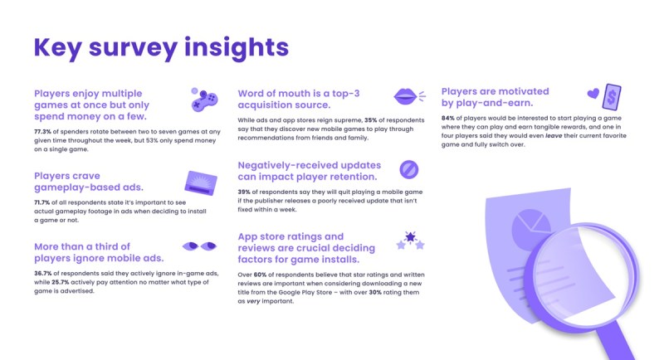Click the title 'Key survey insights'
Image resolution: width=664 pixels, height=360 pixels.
coord(161,48)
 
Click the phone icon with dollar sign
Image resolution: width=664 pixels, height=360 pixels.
coord(612,97)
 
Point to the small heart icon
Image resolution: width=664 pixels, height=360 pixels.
coord(593,93)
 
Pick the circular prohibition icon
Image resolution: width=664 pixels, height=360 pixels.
coord(409,170)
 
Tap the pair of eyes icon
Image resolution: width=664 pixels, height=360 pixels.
coord(199,246)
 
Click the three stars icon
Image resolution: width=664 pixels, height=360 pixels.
coord(410,241)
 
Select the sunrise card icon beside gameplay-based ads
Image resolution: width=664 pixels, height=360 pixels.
coord(201,183)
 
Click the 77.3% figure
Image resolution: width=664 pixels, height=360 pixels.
coord(43,132)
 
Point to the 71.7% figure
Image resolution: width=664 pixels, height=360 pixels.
coord(42,202)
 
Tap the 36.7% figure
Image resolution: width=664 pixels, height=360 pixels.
coord(43,273)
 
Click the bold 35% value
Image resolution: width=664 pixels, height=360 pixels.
coord(370,120)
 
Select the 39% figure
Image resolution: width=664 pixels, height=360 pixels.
coord(244,192)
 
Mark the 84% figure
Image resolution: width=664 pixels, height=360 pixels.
coord(447,118)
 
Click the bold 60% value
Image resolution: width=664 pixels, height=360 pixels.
coord(260,275)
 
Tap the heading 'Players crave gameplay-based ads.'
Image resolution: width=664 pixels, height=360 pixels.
coord(89,182)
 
